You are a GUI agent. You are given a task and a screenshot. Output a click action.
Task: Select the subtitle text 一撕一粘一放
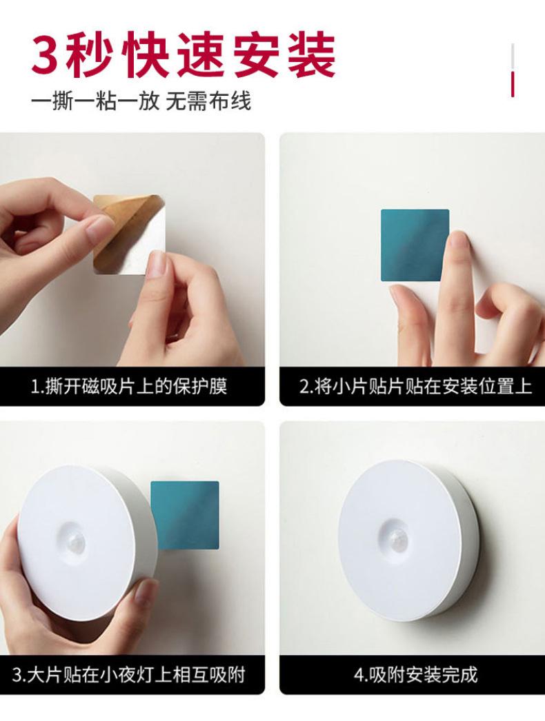95,101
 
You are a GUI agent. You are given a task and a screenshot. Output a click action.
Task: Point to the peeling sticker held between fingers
129,234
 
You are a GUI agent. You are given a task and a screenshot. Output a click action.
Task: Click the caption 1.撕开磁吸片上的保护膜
130,386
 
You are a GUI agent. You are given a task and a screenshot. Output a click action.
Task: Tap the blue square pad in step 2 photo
415,245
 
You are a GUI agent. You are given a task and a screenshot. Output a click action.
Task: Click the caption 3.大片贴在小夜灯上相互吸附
130,673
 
